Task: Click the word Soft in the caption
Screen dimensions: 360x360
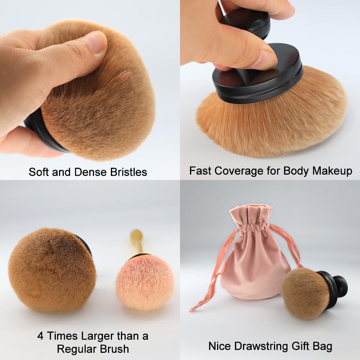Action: pyautogui.click(x=39, y=172)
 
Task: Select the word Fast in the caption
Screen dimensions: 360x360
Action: pyautogui.click(x=200, y=170)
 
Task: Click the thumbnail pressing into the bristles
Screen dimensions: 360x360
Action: pyautogui.click(x=95, y=42)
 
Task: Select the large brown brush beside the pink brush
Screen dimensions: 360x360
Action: pyautogui.click(x=51, y=270)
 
